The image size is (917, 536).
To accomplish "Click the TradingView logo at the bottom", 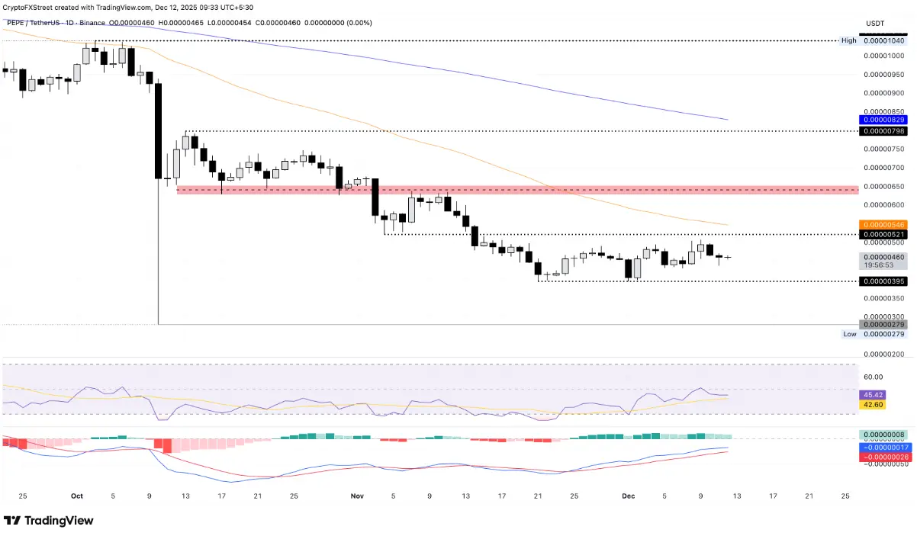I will pyautogui.click(x=49, y=521).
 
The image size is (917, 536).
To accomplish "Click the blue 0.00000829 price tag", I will pyautogui.click(x=883, y=120).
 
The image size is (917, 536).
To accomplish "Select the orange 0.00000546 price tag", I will pyautogui.click(x=883, y=225).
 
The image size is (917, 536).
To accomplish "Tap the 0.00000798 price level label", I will pyautogui.click(x=883, y=131).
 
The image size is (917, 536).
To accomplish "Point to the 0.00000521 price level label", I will pyautogui.click(x=883, y=234).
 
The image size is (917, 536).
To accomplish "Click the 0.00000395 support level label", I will pyautogui.click(x=883, y=281).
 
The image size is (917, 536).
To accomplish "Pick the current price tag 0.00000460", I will pyautogui.click(x=883, y=257).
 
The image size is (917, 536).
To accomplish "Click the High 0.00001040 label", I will pyautogui.click(x=883, y=40).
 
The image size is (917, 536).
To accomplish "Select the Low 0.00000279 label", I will pyautogui.click(x=883, y=334).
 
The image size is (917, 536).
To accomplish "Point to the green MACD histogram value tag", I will pyautogui.click(x=883, y=435).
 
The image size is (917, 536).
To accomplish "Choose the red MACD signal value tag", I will pyautogui.click(x=883, y=457).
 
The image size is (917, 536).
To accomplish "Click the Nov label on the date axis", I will pyautogui.click(x=357, y=496).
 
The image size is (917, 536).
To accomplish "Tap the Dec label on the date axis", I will pyautogui.click(x=628, y=496).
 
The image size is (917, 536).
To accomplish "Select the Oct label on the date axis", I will pyautogui.click(x=76, y=496).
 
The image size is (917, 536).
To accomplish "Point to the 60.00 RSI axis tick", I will pyautogui.click(x=874, y=377).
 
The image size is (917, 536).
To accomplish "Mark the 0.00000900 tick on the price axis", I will pyautogui.click(x=883, y=94).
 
